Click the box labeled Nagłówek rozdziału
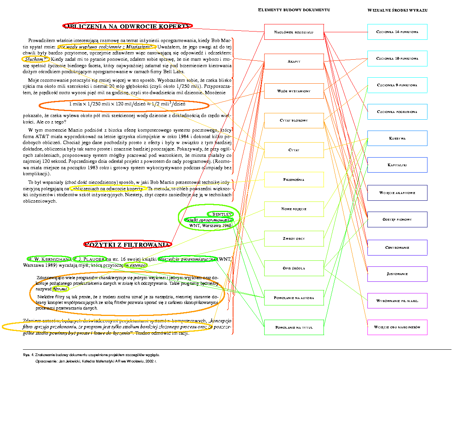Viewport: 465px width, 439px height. [294, 32]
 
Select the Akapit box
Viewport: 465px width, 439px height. [294, 62]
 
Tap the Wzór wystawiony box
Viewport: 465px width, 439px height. [294, 91]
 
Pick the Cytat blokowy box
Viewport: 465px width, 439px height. [294, 120]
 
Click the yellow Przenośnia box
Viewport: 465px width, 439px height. [294, 180]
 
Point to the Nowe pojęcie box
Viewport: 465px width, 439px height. [294, 209]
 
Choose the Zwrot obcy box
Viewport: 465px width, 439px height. [294, 239]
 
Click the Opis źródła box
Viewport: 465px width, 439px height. [294, 268]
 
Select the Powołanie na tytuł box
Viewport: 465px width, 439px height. [294, 328]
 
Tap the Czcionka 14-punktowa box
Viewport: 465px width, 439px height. [397, 32]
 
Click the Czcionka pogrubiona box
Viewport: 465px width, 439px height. [397, 112]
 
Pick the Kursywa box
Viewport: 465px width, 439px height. [397, 138]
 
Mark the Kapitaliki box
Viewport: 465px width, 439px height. [397, 165]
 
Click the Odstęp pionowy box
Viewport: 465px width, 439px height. [397, 219]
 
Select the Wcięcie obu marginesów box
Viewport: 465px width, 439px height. [397, 327]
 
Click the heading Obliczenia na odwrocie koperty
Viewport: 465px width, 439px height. [128, 26]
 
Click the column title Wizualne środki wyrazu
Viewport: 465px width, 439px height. [397, 10]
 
